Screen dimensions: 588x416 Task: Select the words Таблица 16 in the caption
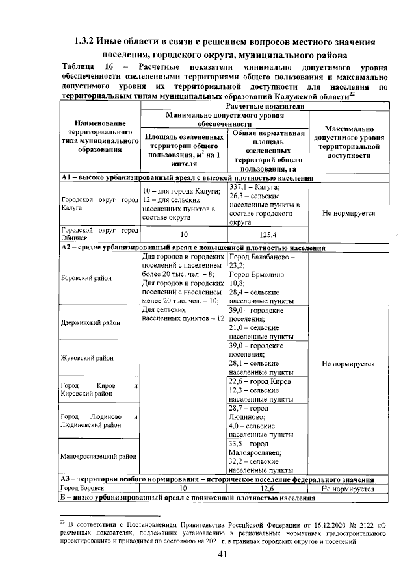click(x=83, y=68)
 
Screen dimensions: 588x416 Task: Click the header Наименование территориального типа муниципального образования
click(x=99, y=140)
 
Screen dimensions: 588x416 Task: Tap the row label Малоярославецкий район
click(x=99, y=456)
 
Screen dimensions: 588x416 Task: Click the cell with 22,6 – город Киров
click(x=267, y=390)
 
